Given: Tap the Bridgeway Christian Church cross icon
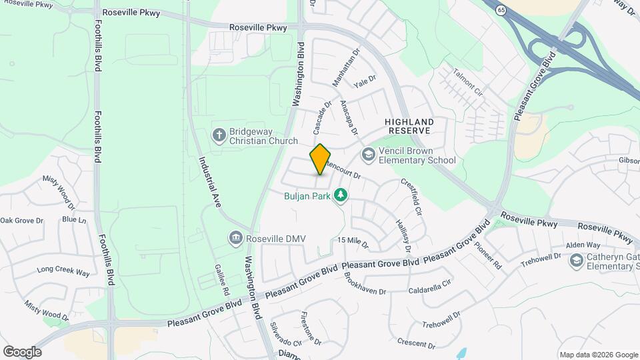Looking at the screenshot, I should coord(219,135).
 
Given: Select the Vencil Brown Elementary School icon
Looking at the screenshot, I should coord(368,155).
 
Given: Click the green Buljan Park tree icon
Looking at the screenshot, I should coord(341,194).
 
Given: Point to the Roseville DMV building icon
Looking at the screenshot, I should coord(235,238).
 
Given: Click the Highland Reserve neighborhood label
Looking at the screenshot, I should coord(409,127).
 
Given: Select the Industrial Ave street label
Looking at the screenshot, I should coord(209,182).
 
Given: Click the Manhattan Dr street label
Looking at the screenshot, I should coord(345,69).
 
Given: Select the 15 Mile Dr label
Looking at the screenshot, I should coord(353,243).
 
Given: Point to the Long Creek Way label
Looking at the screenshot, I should coord(63,272).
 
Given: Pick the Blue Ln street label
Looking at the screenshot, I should coord(74,219).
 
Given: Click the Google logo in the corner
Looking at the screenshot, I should coord(22,352).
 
